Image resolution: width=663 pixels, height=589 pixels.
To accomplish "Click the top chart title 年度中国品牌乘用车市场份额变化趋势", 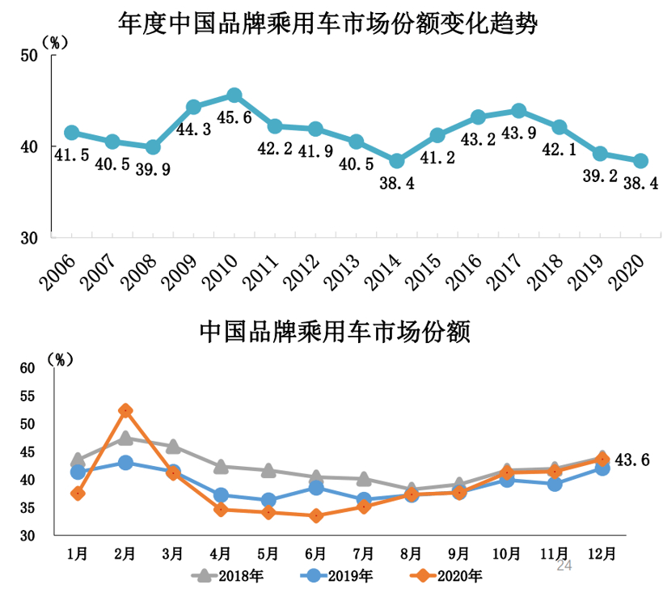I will coord(327,22).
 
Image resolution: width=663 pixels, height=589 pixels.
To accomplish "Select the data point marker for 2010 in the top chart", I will coord(234,96).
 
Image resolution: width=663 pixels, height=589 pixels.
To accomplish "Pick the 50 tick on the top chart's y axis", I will coord(30,55).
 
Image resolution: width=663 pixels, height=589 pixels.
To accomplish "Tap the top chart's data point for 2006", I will coord(71,133).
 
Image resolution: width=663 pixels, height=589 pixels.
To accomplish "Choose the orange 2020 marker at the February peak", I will coord(125,411).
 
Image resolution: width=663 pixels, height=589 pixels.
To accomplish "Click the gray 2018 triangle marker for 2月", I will coord(125,439).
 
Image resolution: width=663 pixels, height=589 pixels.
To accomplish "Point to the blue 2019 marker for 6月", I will coord(316,487).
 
